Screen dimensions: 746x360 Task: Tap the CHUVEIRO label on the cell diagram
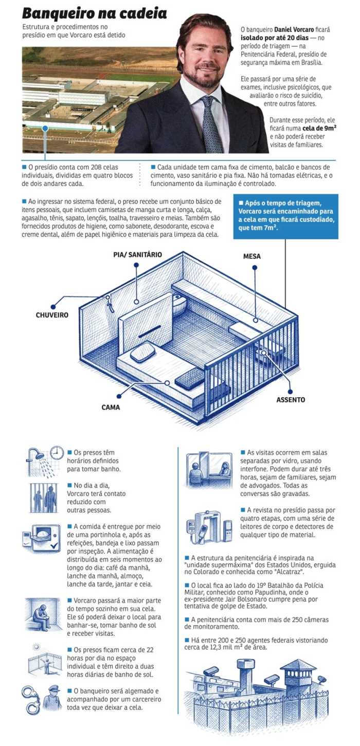pyautogui.click(x=52, y=315)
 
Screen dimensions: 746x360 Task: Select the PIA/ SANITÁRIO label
pyautogui.click(x=137, y=255)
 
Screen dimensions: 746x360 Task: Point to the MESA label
pyautogui.click(x=251, y=256)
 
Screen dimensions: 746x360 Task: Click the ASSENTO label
pyautogui.click(x=291, y=399)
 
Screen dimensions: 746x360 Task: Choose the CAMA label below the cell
pyautogui.click(x=111, y=407)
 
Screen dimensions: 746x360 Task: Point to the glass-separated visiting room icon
pyautogui.click(x=208, y=469)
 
